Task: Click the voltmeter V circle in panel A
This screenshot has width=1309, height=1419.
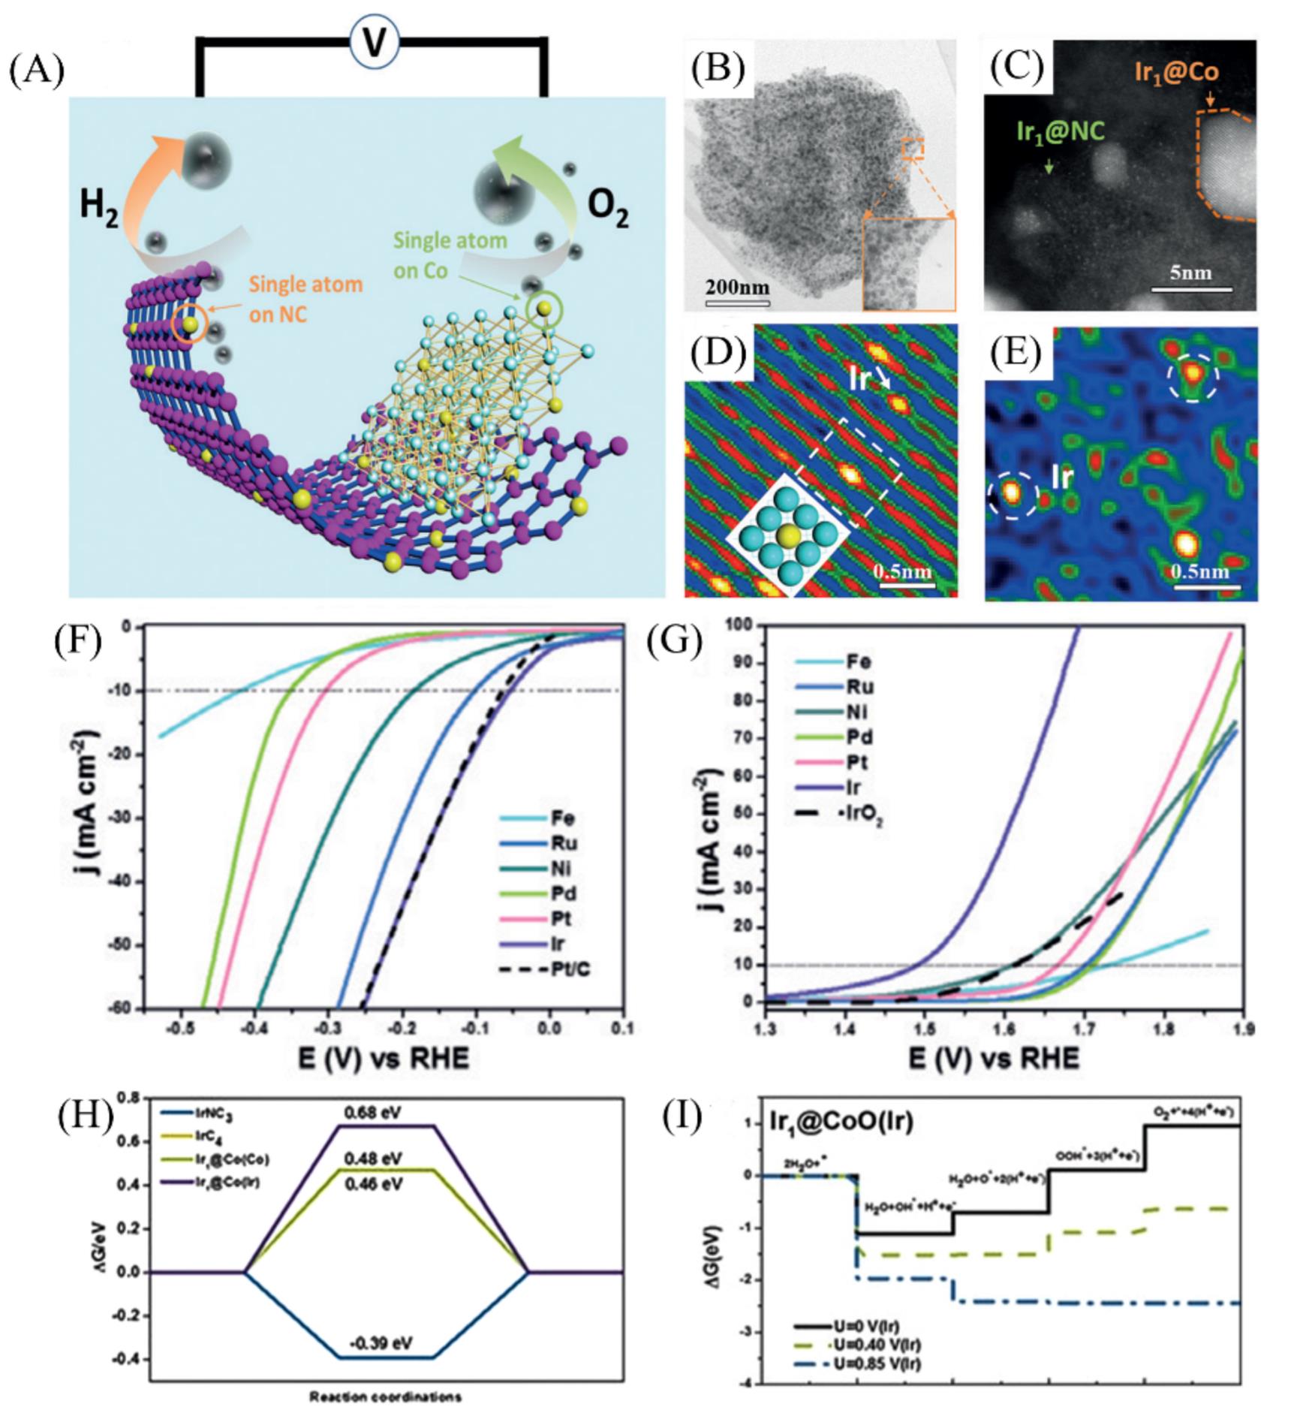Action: pyautogui.click(x=374, y=43)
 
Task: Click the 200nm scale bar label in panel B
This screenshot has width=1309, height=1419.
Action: pyautogui.click(x=737, y=288)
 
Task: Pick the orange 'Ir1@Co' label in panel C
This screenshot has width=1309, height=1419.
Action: pyautogui.click(x=1176, y=73)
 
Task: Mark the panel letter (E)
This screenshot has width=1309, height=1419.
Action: pyautogui.click(x=1015, y=354)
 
